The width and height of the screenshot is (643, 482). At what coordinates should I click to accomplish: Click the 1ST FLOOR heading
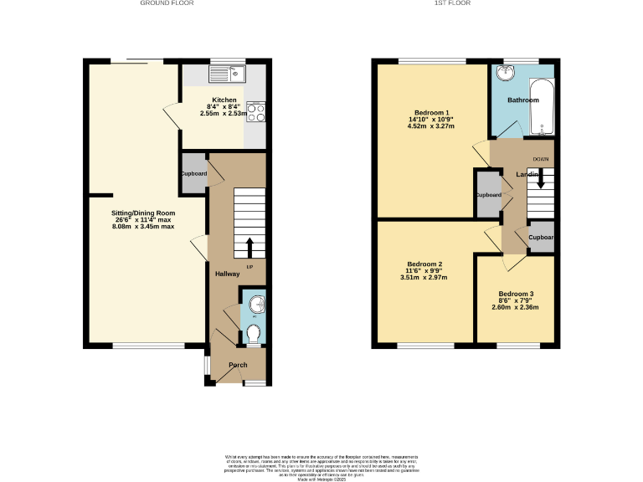[x=452, y=3]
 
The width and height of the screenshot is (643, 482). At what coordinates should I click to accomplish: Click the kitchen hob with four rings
[x=255, y=112]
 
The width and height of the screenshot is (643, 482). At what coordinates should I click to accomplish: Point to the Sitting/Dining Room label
[x=144, y=213]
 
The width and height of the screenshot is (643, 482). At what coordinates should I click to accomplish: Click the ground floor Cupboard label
[x=193, y=174]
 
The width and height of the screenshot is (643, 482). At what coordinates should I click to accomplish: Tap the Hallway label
[x=227, y=274]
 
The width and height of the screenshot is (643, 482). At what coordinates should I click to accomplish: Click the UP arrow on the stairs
[x=249, y=249]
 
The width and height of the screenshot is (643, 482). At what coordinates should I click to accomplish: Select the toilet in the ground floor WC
[x=254, y=335]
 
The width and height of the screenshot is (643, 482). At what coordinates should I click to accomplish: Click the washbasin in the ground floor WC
[x=256, y=303]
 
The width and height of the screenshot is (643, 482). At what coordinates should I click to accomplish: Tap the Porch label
[x=238, y=365]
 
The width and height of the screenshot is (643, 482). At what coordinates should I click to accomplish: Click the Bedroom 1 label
[x=431, y=113]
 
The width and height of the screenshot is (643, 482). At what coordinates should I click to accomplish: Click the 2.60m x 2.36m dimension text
[x=515, y=307]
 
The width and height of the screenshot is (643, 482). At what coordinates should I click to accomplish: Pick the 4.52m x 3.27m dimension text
[x=431, y=126]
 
